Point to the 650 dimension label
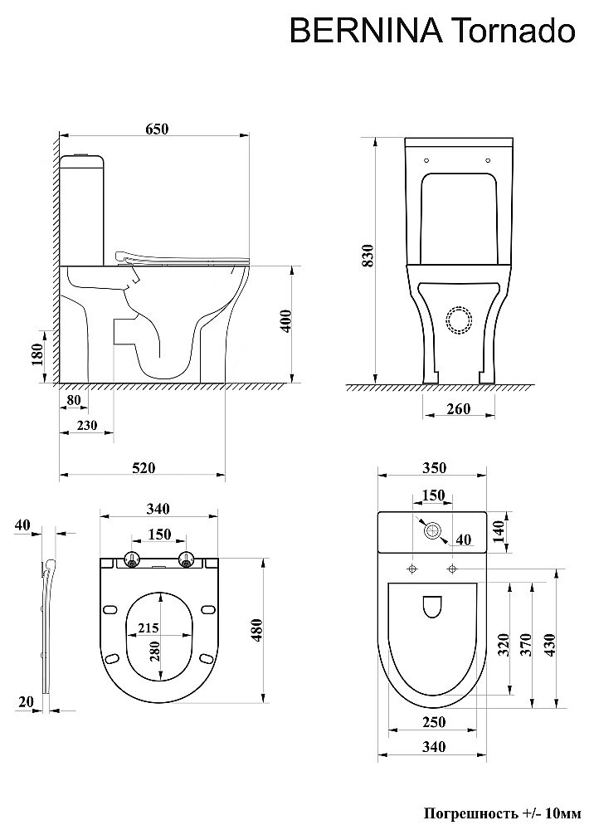tap(157, 128)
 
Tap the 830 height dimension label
tap(368, 255)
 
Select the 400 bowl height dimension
tap(285, 320)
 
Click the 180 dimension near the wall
tap(37, 354)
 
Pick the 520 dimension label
tap(144, 467)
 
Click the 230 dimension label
tap(87, 424)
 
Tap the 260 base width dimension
tap(458, 408)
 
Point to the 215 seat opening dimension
tap(148, 627)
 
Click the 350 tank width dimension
tap(434, 467)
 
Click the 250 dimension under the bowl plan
tap(434, 721)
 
